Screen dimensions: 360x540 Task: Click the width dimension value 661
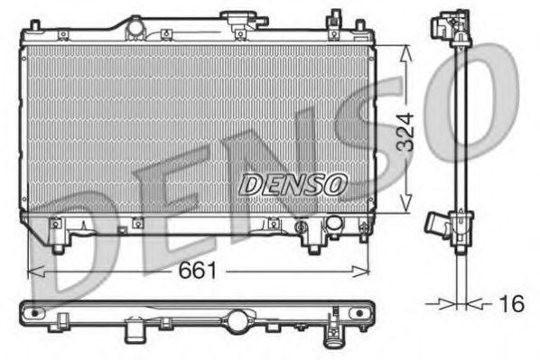click(x=196, y=269)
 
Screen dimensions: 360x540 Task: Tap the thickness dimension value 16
click(x=511, y=303)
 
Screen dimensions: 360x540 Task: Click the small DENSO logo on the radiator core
click(x=293, y=184)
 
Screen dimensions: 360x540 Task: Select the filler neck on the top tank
click(x=239, y=23)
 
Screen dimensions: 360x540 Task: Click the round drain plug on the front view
click(x=333, y=222)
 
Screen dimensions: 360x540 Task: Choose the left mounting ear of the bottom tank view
click(x=33, y=312)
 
